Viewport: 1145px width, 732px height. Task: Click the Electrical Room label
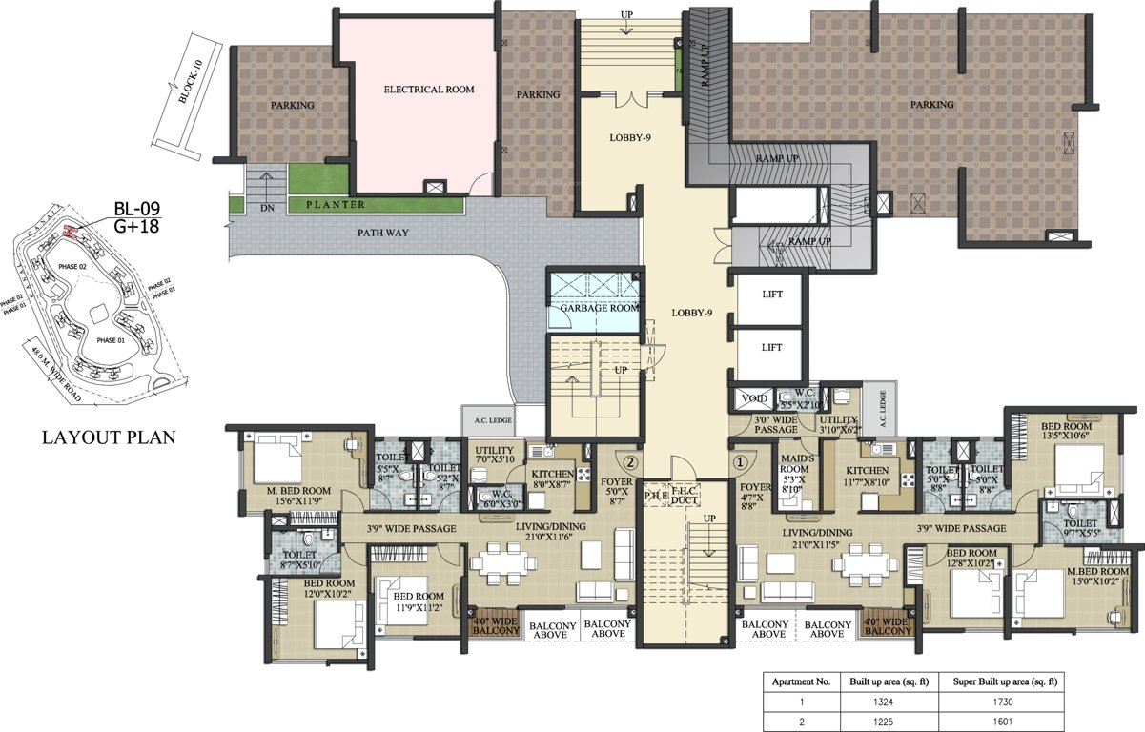pyautogui.click(x=428, y=90)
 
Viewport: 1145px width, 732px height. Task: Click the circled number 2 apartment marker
pyautogui.click(x=629, y=461)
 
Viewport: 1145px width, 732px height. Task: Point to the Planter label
pyautogui.click(x=335, y=204)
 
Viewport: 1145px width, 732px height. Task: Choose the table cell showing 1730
pyautogui.click(x=1000, y=701)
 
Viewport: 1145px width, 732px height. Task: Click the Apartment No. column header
pyautogui.click(x=802, y=682)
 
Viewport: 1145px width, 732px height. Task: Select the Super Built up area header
pyautogui.click(x=1000, y=682)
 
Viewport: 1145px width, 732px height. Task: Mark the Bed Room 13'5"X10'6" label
pyautogui.click(x=1065, y=431)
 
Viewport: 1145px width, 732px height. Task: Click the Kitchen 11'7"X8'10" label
pyautogui.click(x=868, y=477)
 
